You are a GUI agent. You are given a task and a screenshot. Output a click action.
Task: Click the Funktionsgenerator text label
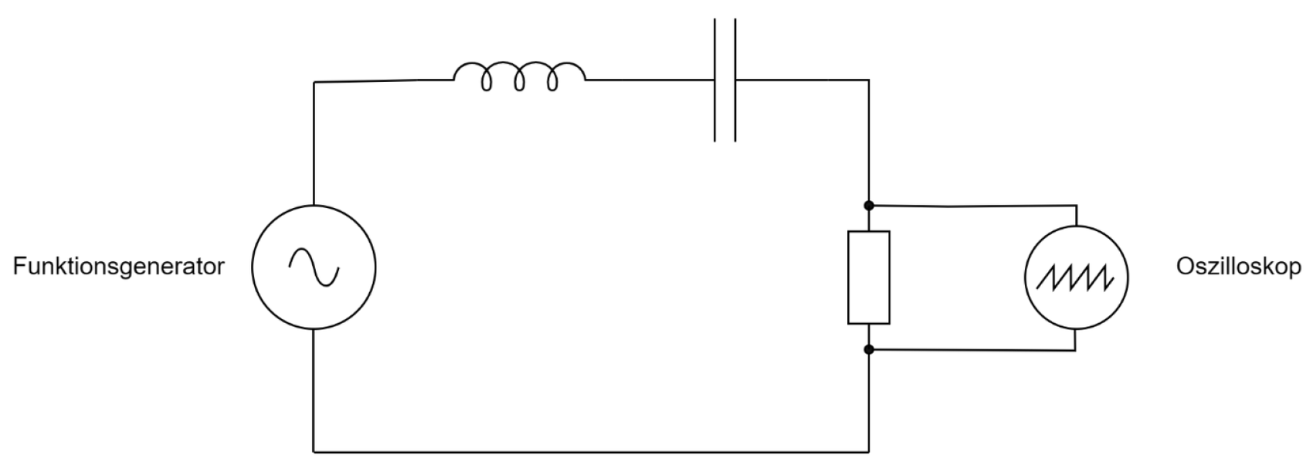pos(118,267)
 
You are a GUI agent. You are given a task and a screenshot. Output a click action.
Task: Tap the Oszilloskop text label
pos(1238,267)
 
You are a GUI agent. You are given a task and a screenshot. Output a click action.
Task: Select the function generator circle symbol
pos(314,267)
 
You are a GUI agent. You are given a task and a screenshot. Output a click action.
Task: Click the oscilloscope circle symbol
pos(1075,277)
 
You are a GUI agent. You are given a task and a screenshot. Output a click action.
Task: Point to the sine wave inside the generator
pos(314,267)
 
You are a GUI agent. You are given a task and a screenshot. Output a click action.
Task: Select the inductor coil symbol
pos(519,77)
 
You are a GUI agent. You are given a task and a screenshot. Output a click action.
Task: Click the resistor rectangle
pos(869,277)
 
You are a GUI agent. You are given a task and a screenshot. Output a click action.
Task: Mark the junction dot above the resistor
pos(869,206)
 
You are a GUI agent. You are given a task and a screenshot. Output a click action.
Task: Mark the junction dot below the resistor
pos(869,350)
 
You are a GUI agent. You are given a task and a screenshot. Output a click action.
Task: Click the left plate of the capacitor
pos(715,79)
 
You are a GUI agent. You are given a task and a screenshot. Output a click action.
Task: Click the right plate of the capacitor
pos(735,79)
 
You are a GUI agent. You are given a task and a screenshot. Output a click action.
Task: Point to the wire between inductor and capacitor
pos(649,79)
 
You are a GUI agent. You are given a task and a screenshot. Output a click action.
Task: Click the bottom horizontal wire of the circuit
pos(591,451)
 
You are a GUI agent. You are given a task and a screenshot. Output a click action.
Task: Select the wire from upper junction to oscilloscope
pos(973,206)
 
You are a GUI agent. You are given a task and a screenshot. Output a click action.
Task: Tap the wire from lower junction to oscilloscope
pos(973,350)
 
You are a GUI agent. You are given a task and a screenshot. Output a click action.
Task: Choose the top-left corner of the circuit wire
pos(314,81)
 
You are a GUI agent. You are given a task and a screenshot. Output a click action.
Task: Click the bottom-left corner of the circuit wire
pos(314,451)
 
